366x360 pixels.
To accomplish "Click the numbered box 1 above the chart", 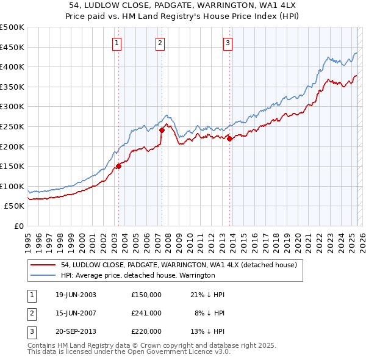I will pyautogui.click(x=117, y=43).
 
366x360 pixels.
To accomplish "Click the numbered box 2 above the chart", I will pyautogui.click(x=160, y=43).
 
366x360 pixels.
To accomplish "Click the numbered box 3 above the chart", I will pyautogui.click(x=228, y=43).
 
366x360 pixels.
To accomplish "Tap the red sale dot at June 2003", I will pyautogui.click(x=119, y=166).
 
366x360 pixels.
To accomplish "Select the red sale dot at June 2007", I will pyautogui.click(x=162, y=130).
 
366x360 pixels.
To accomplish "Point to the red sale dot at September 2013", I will pyautogui.click(x=230, y=139).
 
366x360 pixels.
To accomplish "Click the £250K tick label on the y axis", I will pyautogui.click(x=12, y=126).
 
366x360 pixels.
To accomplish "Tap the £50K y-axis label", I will pyautogui.click(x=15, y=206).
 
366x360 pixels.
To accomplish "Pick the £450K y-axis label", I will pyautogui.click(x=12, y=47).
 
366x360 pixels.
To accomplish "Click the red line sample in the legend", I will pyautogui.click(x=43, y=265).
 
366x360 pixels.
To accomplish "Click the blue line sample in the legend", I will pyautogui.click(x=43, y=275).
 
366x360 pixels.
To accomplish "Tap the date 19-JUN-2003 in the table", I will pyautogui.click(x=76, y=295).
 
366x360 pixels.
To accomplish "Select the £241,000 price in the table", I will pyautogui.click(x=146, y=313).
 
